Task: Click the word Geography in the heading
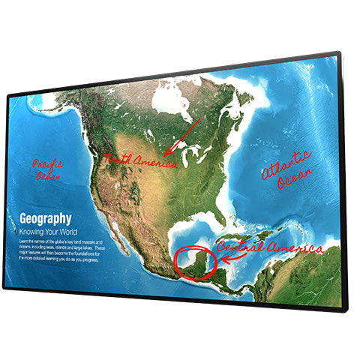[x=46, y=218]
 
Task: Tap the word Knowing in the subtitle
[x=33, y=232]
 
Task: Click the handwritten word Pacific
[x=48, y=163]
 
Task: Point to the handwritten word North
[x=119, y=159]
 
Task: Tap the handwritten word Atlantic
[x=285, y=160]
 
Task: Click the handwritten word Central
[x=240, y=247]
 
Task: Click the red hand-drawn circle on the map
[x=195, y=260]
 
